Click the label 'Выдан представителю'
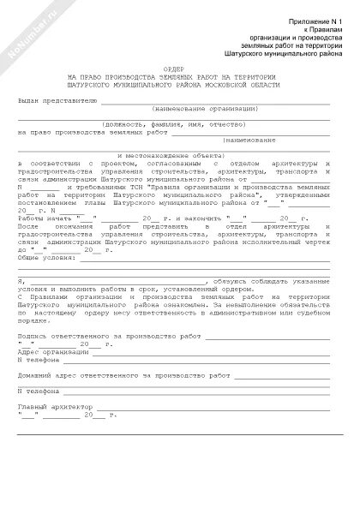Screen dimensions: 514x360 click(x=57, y=100)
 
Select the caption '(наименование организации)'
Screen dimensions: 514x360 click(x=205, y=109)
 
